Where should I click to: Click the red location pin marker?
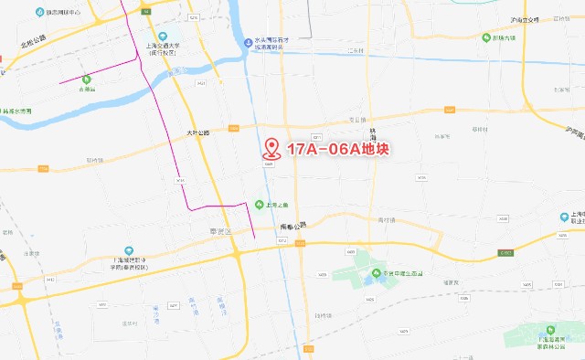271,150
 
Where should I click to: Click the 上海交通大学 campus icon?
163,36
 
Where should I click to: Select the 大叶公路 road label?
197,132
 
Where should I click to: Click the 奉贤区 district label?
222,231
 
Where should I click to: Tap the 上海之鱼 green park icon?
260,205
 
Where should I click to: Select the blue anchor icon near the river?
248,40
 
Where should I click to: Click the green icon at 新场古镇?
487,38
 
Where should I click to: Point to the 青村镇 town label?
389,219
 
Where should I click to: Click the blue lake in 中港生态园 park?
377,275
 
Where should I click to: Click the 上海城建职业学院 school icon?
129,249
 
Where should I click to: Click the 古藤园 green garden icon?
86,80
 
